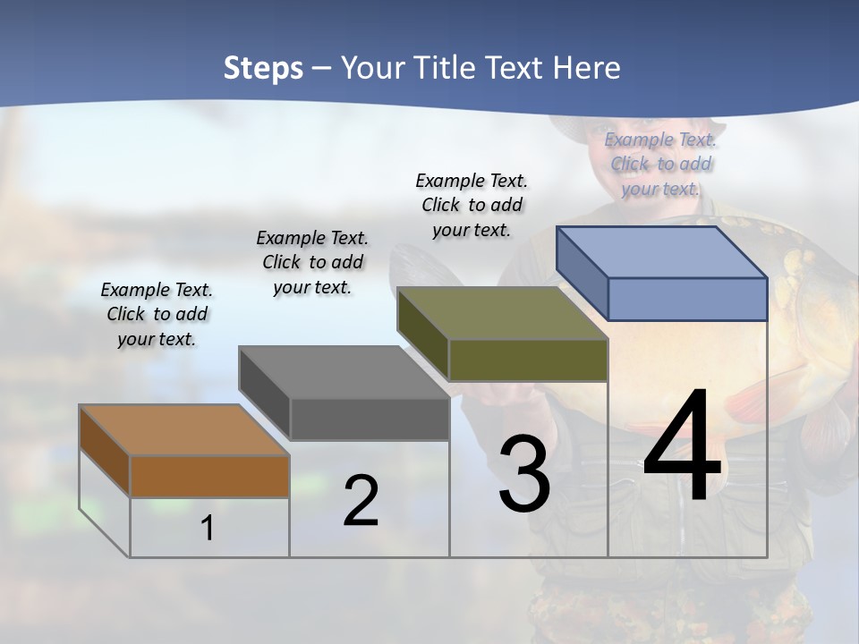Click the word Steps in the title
click(263, 68)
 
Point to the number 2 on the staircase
click(361, 501)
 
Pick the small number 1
click(208, 529)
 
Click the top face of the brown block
click(183, 430)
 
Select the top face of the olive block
click(502, 313)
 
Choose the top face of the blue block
click(661, 252)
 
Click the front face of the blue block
click(687, 299)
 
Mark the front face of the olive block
click(528, 360)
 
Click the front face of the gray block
click(369, 419)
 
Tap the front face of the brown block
click(209, 476)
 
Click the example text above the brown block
click(157, 314)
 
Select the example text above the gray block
click(312, 262)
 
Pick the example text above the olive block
click(472, 205)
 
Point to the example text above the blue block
click(660, 164)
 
